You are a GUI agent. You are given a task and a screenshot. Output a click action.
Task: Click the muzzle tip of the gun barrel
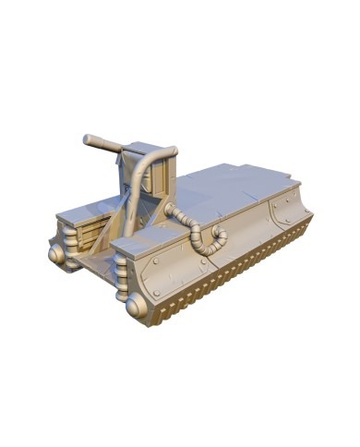tap(85, 140)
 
